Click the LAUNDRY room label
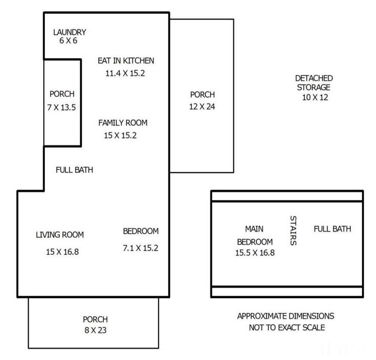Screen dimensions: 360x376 (x=70, y=32)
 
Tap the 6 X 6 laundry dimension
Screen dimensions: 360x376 (x=68, y=41)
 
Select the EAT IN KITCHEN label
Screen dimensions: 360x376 (x=126, y=61)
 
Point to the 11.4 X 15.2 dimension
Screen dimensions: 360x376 (x=125, y=73)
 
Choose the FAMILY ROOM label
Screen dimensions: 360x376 (x=123, y=123)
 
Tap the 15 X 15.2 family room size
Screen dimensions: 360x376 (x=120, y=135)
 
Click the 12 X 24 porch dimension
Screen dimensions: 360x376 (x=202, y=107)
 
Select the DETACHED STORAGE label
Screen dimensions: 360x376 (x=314, y=83)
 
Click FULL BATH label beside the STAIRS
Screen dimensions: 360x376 (x=333, y=229)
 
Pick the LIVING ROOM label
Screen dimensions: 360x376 (x=60, y=235)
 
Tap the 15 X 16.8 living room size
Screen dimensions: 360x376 (x=62, y=251)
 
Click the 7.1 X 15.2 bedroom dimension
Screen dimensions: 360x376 (x=140, y=248)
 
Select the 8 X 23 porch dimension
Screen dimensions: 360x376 (x=95, y=331)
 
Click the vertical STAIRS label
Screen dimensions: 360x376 (x=293, y=230)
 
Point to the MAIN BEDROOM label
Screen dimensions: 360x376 (x=255, y=235)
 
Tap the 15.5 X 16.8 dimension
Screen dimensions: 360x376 (x=255, y=253)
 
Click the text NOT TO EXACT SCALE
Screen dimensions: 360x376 (x=287, y=328)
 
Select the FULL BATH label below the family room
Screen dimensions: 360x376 (x=75, y=170)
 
